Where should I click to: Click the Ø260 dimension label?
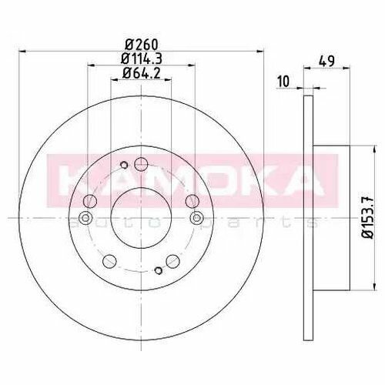point(141,45)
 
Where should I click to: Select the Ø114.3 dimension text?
point(142,59)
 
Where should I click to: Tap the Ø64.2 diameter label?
point(142,73)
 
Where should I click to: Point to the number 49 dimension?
point(326,62)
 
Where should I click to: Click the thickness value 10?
point(283,82)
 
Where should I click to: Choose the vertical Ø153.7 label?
point(368,218)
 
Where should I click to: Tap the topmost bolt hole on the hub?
point(141,164)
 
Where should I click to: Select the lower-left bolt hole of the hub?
point(109,261)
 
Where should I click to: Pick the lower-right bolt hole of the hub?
point(172,261)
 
